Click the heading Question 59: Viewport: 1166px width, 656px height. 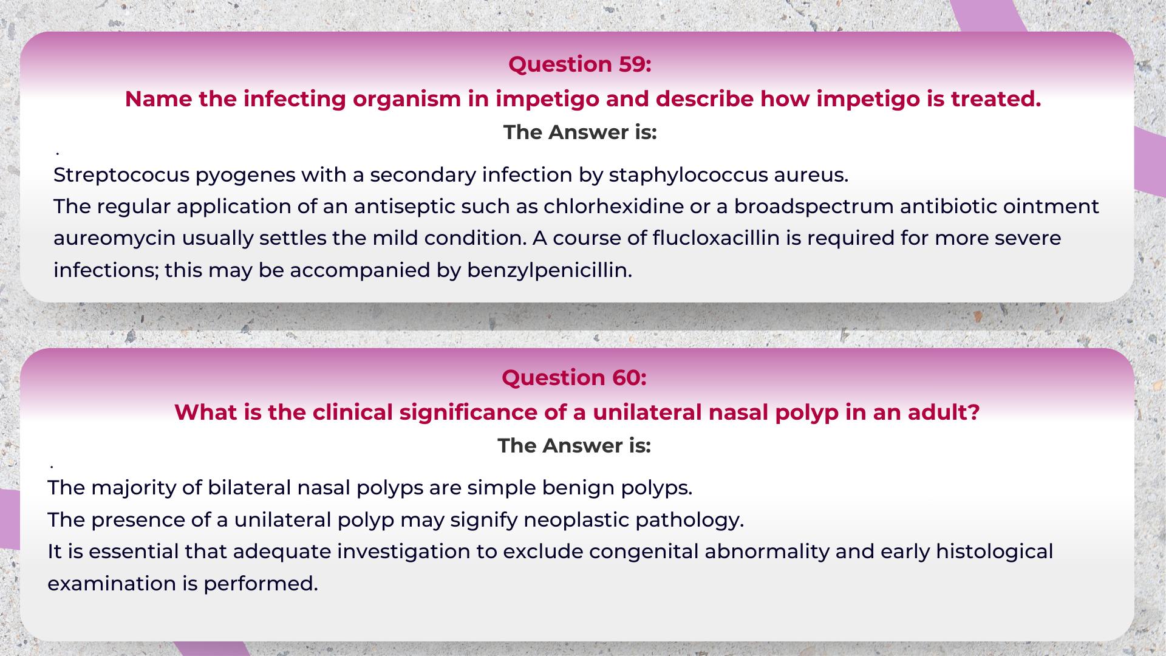(579, 64)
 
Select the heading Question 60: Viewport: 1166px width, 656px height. (574, 378)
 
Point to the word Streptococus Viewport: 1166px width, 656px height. (121, 175)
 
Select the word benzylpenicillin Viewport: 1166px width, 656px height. (549, 270)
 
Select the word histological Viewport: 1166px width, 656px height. (994, 552)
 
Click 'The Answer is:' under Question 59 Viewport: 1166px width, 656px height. (580, 132)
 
